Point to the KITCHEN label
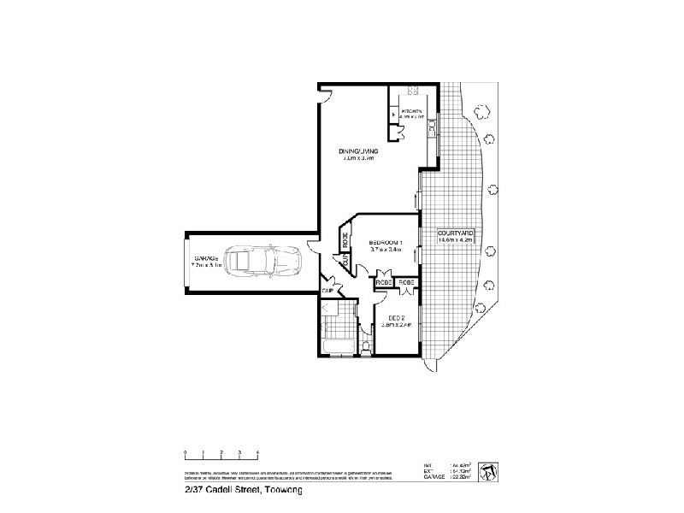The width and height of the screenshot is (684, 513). coord(414,111)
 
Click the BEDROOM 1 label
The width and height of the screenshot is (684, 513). coord(386,244)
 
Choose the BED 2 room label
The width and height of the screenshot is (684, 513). coord(396,319)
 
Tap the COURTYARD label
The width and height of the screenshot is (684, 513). coord(455,233)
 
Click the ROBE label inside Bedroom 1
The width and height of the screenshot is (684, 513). coord(345,241)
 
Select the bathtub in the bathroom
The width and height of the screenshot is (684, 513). coord(337,346)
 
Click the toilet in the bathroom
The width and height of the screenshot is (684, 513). coord(366,346)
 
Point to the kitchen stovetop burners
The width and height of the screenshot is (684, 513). coord(414,91)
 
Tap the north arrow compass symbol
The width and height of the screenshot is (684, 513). coord(486,471)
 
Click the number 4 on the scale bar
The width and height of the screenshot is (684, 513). coord(257,451)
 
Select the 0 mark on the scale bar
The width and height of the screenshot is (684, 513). coord(185,451)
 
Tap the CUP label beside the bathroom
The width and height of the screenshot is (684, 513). coord(327,292)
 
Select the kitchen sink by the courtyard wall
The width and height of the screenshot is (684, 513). coord(433,126)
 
